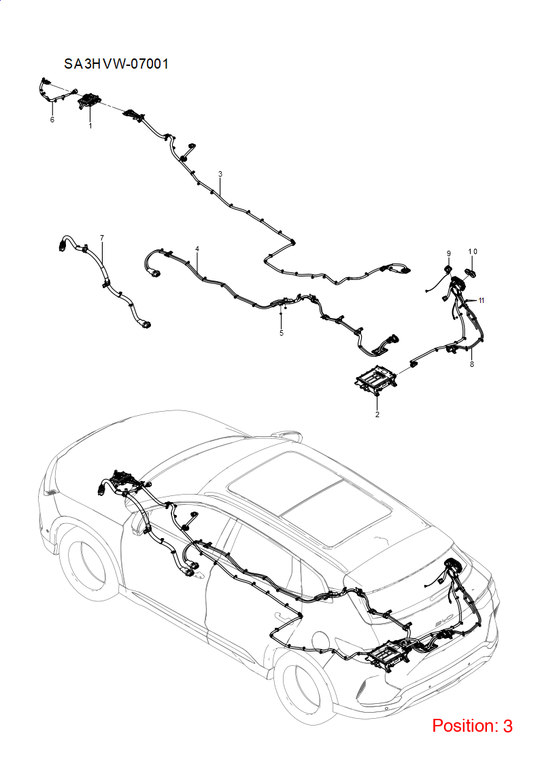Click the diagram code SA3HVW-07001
(116, 64)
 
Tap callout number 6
(52, 120)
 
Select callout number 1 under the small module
(90, 126)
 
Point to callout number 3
(220, 174)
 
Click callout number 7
(102, 238)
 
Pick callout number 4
(197, 249)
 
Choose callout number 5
(282, 334)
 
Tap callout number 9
(449, 253)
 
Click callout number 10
(473, 251)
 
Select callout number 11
(481, 300)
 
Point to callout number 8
(472, 364)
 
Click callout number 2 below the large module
(377, 414)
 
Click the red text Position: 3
(472, 726)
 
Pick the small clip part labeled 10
(471, 272)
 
